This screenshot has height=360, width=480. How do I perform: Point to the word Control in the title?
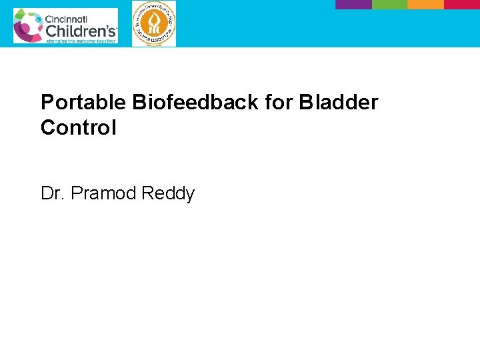(78, 127)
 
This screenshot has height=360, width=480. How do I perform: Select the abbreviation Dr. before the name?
(53, 194)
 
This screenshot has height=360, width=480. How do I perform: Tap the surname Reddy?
(170, 194)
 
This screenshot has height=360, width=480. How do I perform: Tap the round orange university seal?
(154, 24)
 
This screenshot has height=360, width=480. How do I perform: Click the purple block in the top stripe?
(353, 4)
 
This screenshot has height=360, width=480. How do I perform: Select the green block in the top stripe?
(389, 4)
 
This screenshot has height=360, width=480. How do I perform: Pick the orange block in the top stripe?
(425, 4)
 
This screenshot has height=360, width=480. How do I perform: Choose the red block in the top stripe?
(462, 4)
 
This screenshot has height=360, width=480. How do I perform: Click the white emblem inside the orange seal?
(154, 24)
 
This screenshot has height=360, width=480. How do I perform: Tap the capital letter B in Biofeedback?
(139, 103)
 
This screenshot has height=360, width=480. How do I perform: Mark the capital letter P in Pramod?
(76, 194)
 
